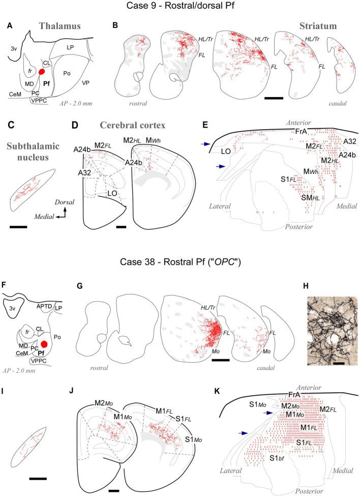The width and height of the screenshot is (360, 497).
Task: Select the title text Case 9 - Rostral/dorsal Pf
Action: (x=180, y=7)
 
